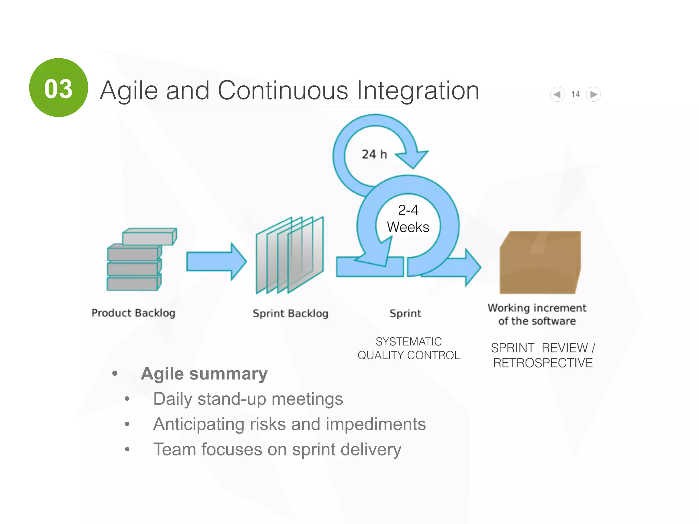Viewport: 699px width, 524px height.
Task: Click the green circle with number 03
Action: (58, 88)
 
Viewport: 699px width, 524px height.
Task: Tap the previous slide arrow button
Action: (557, 94)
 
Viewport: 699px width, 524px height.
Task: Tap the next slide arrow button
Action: (594, 94)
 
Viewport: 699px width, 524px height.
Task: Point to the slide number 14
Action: (575, 94)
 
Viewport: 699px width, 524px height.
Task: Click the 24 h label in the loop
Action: (374, 154)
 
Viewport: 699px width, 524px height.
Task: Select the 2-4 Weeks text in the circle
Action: (408, 219)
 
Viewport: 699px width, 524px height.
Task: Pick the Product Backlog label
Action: (133, 313)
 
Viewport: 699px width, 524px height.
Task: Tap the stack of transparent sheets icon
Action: (289, 255)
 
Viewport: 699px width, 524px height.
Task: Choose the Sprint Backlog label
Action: (290, 313)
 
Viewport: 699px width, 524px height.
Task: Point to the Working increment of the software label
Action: (537, 314)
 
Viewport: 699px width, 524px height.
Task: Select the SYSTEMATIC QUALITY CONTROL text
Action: (409, 348)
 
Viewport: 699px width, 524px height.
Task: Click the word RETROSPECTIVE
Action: (543, 363)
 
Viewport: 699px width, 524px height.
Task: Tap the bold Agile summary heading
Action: (204, 374)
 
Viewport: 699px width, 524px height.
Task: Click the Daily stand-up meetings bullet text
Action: (248, 399)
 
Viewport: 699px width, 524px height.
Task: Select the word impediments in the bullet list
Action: (375, 424)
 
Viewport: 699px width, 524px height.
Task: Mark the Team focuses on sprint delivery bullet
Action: (277, 449)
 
